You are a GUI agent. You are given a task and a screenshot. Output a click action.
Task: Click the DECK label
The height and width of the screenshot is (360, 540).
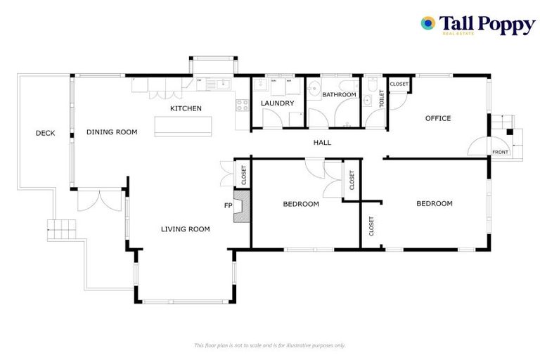pos(45,132)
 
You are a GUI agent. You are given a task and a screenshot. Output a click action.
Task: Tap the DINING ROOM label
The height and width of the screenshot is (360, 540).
pos(112,132)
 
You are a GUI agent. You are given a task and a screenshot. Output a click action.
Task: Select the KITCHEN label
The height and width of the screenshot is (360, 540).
pos(186,108)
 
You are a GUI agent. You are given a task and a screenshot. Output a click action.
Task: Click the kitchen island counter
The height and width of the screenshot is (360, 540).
pos(182,124)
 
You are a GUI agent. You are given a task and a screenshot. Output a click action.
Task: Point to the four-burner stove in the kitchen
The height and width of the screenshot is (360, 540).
pos(242,106)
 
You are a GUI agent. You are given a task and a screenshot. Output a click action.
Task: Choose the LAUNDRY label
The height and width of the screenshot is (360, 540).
pos(276,104)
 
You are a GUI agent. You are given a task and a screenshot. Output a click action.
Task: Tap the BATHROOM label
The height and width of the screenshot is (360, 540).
pos(339,94)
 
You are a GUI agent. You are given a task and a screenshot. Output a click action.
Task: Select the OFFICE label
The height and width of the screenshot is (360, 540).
pos(438,118)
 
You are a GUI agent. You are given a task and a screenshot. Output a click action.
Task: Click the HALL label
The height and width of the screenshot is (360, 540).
pos(322,143)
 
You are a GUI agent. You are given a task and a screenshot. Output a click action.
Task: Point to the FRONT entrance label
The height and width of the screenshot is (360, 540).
pos(500,153)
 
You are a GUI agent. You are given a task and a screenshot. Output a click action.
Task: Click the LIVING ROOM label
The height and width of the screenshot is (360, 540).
pos(186,229)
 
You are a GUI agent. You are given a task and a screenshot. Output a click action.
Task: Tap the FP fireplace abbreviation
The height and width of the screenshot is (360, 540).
pos(227,206)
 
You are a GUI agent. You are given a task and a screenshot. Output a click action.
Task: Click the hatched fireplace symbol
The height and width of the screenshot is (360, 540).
pos(243,210)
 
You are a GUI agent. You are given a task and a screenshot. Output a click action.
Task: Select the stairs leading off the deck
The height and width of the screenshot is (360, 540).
pos(61,228)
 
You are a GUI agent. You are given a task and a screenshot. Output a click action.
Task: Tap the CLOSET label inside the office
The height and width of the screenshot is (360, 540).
pos(399,84)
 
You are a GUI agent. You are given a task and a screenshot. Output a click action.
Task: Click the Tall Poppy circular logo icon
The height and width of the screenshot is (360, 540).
pos(427,23)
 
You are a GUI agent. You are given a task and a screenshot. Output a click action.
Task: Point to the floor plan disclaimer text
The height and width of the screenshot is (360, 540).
pos(269,345)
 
